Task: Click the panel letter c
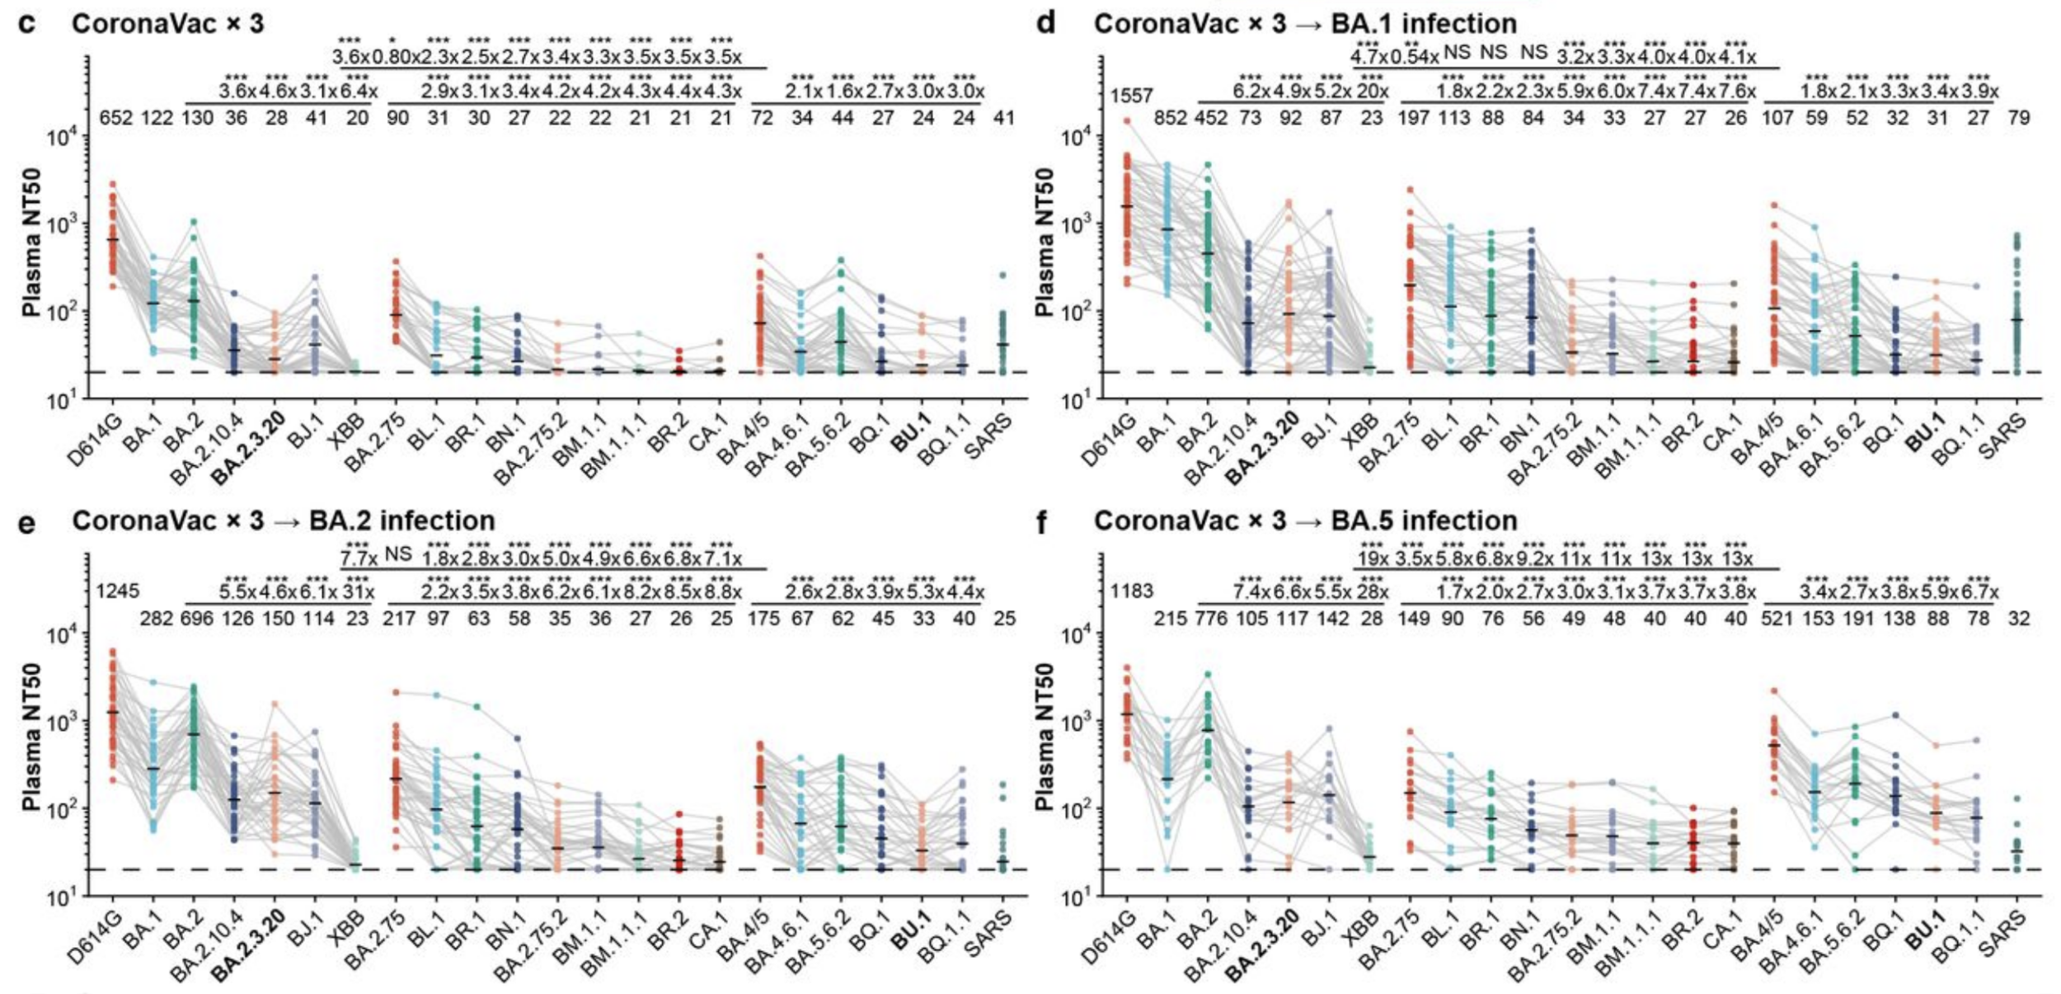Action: click(26, 23)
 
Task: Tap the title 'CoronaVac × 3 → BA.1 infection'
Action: click(1305, 23)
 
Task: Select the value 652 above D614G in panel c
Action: click(115, 118)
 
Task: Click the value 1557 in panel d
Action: click(1131, 96)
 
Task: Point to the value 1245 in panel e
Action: click(117, 591)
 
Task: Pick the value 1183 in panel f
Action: click(1131, 591)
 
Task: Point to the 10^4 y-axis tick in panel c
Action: click(63, 137)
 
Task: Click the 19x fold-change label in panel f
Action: click(1372, 558)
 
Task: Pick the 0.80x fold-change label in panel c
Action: click(392, 57)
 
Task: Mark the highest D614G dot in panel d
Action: click(1126, 121)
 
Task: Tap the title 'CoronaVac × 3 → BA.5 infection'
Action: click(1305, 521)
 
